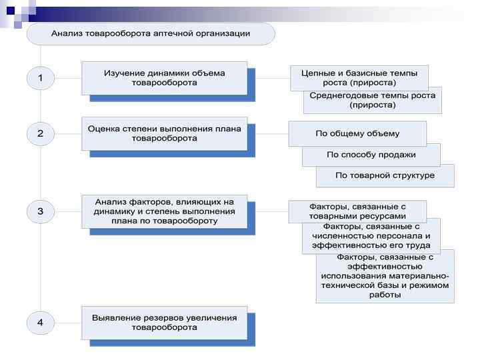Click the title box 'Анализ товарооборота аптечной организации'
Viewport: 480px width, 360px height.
pyautogui.click(x=151, y=33)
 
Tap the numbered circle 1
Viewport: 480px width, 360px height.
pyautogui.click(x=40, y=78)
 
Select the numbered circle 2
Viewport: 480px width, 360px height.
pyautogui.click(x=40, y=133)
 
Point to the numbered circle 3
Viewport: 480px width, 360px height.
pyautogui.click(x=40, y=212)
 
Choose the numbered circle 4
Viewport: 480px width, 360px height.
pyautogui.click(x=40, y=323)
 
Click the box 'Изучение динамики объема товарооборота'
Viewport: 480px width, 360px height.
pyautogui.click(x=164, y=78)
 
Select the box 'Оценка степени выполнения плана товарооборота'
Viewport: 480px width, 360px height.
pyautogui.click(x=164, y=133)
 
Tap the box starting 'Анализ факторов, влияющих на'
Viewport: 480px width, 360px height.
pyautogui.click(x=164, y=211)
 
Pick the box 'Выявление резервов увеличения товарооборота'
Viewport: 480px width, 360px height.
pyautogui.click(x=164, y=322)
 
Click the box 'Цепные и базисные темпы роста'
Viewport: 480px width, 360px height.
pyautogui.click(x=359, y=77)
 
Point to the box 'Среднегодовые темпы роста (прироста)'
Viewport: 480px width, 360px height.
pyautogui.click(x=372, y=100)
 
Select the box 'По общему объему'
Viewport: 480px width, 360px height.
pyautogui.click(x=357, y=133)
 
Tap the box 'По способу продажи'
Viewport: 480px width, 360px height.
pyautogui.click(x=371, y=155)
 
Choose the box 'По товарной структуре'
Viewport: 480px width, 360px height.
pyautogui.click(x=385, y=175)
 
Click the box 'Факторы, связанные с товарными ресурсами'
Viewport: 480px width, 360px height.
pyautogui.click(x=357, y=211)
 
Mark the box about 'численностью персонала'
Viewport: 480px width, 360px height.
pyautogui.click(x=371, y=236)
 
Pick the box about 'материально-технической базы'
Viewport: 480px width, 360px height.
pyautogui.click(x=385, y=275)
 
